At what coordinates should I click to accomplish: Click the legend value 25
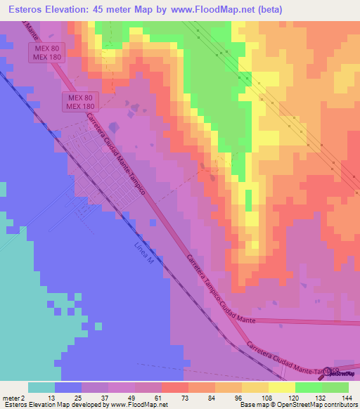coord(82,397)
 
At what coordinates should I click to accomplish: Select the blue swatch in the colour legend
coord(67,387)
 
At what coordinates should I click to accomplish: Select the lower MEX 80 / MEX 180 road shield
coord(80,101)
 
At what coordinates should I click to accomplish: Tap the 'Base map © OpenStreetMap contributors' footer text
coord(297,405)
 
